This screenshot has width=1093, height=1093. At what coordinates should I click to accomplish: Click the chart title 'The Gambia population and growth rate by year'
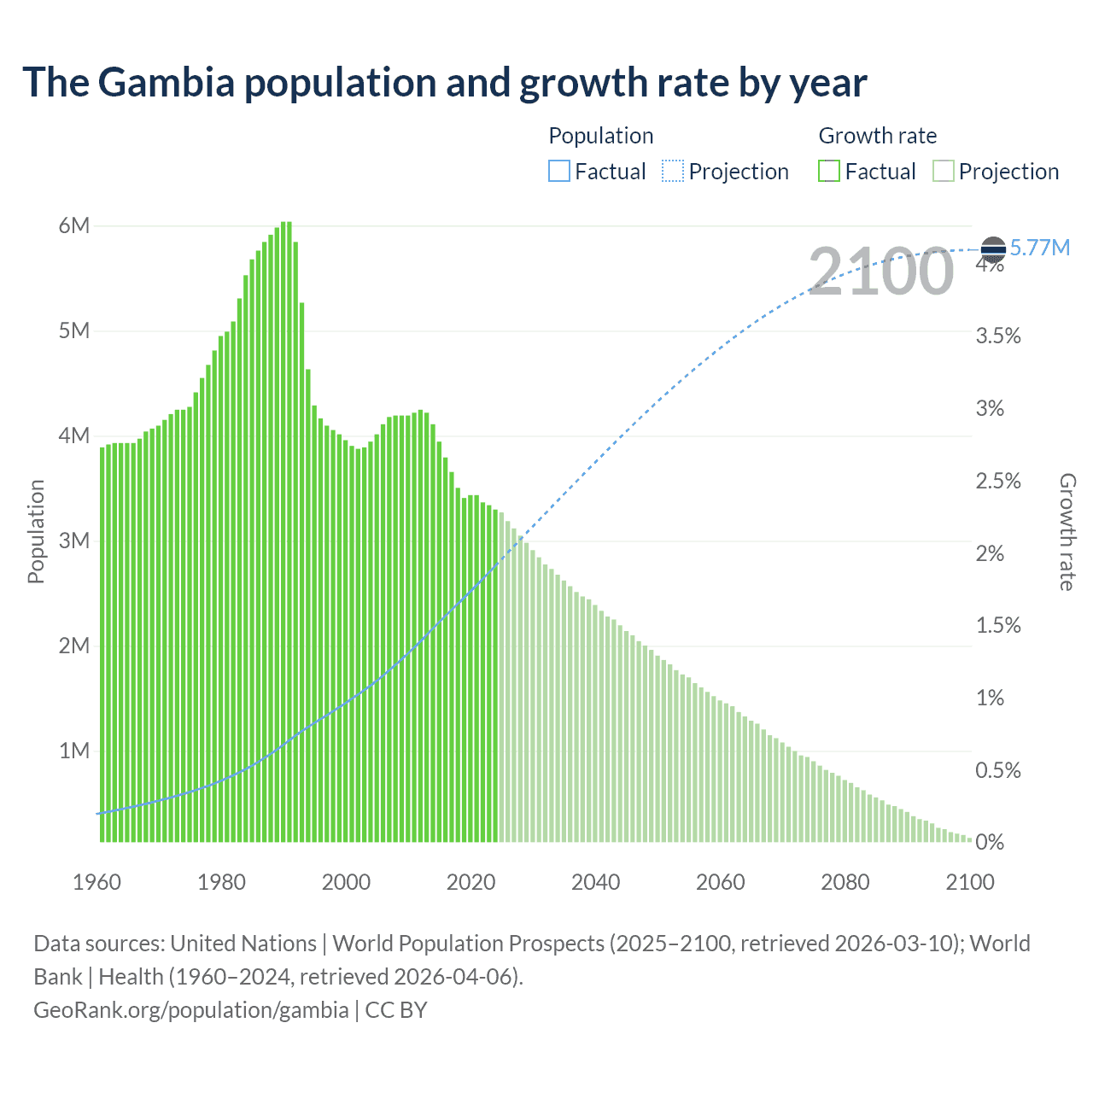pyautogui.click(x=444, y=83)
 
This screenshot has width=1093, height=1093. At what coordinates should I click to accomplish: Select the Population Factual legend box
pyautogui.click(x=559, y=172)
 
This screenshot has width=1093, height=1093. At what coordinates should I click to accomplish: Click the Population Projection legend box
pyautogui.click(x=673, y=172)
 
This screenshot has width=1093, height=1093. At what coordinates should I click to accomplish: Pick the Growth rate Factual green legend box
pyautogui.click(x=829, y=172)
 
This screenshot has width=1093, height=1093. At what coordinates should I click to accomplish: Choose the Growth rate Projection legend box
pyautogui.click(x=943, y=172)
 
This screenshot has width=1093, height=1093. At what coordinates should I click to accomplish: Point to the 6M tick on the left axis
pyautogui.click(x=74, y=226)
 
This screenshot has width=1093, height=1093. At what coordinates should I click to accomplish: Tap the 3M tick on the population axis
pyautogui.click(x=74, y=541)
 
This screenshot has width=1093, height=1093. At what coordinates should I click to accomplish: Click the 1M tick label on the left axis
pyautogui.click(x=74, y=751)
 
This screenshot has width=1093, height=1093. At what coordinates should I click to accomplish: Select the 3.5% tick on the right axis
pyautogui.click(x=998, y=336)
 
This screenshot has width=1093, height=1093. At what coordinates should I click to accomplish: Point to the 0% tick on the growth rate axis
pyautogui.click(x=990, y=843)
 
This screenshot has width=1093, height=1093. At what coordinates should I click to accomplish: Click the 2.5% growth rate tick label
pyautogui.click(x=998, y=481)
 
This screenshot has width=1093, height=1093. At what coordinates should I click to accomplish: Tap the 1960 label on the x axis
pyautogui.click(x=97, y=882)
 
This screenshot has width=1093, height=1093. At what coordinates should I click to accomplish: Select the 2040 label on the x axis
pyautogui.click(x=596, y=882)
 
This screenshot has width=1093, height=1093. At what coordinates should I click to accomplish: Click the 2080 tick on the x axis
pyautogui.click(x=845, y=882)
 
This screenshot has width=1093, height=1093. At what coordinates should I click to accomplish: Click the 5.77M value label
pyautogui.click(x=1040, y=248)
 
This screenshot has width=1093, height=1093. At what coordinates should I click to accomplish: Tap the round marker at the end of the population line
pyautogui.click(x=993, y=248)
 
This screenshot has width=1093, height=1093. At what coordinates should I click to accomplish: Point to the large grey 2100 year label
pyautogui.click(x=880, y=272)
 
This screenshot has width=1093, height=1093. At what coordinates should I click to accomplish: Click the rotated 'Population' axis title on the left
pyautogui.click(x=36, y=531)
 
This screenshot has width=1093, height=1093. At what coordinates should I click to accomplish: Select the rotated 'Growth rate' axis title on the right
pyautogui.click(x=1067, y=531)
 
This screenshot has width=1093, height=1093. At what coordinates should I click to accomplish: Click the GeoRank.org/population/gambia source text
pyautogui.click(x=190, y=1009)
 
